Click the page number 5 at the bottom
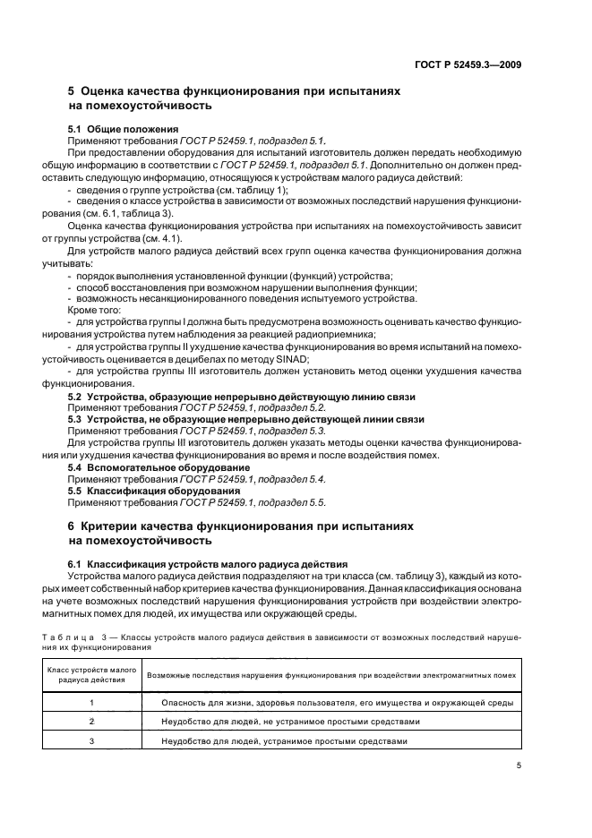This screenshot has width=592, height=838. pyautogui.click(x=519, y=765)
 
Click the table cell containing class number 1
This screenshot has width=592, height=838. pyautogui.click(x=91, y=703)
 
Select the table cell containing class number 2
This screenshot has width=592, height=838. pyautogui.click(x=91, y=722)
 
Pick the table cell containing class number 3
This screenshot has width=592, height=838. pyautogui.click(x=91, y=741)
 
